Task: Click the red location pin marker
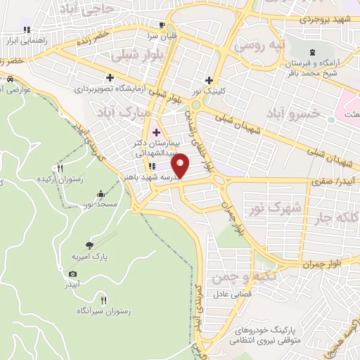(x=181, y=165)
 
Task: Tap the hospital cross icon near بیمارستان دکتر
(x=156, y=132)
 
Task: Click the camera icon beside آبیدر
(x=72, y=274)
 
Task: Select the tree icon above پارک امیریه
(x=89, y=245)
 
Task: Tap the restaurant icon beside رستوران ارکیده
(x=60, y=168)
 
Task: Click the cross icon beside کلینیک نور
(x=208, y=79)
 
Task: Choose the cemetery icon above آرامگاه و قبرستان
(x=313, y=53)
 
